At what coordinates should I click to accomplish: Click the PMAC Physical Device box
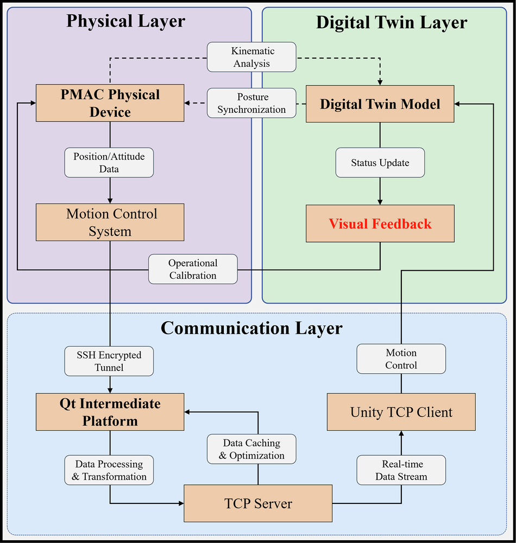[110, 103]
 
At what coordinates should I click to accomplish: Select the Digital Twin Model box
[380, 104]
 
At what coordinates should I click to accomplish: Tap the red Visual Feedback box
[380, 223]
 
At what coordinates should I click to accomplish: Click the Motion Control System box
[110, 222]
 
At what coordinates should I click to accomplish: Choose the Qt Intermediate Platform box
[110, 412]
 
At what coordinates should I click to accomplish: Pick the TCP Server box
[258, 503]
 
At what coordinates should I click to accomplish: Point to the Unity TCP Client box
[401, 412]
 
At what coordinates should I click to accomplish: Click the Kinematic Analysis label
[253, 57]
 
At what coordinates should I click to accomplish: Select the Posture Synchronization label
[251, 103]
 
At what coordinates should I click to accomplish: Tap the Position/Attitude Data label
[109, 162]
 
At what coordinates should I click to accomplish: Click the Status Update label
[380, 163]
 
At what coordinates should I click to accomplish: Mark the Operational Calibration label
[193, 269]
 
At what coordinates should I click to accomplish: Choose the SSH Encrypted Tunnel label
[109, 361]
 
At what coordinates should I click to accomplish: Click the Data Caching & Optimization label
[251, 449]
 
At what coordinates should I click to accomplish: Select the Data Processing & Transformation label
[109, 470]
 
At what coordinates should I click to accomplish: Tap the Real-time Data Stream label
[401, 470]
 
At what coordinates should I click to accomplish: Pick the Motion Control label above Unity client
[401, 359]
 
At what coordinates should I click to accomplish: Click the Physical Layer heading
[125, 21]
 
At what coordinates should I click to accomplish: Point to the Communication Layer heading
[252, 328]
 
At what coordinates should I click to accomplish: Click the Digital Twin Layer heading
[391, 22]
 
